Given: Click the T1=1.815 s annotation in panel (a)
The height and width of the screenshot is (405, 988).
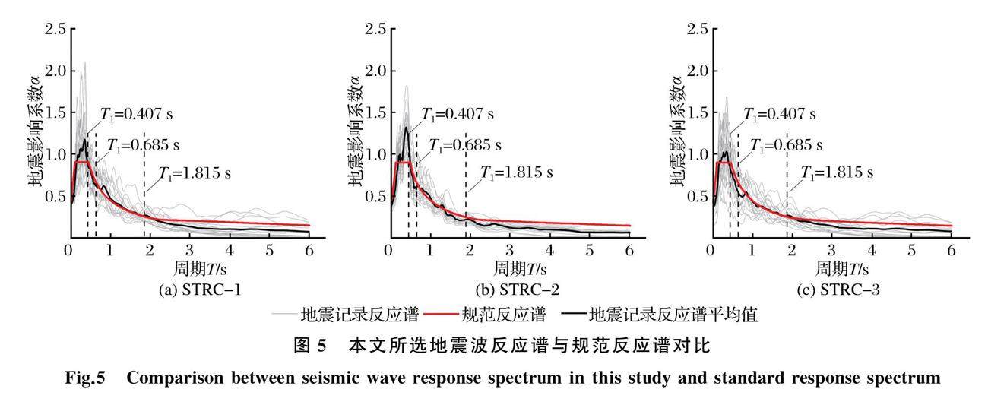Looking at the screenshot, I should [194, 173].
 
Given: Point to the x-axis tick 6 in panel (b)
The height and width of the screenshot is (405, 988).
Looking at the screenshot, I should [629, 252].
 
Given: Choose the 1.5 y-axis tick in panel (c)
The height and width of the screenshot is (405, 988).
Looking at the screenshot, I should [697, 113].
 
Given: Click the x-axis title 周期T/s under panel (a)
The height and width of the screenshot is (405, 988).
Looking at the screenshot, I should [189, 270].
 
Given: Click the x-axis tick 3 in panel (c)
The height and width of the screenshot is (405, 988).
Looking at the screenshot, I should [831, 252].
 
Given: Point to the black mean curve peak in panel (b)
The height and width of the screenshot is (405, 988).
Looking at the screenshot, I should [407, 128].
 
